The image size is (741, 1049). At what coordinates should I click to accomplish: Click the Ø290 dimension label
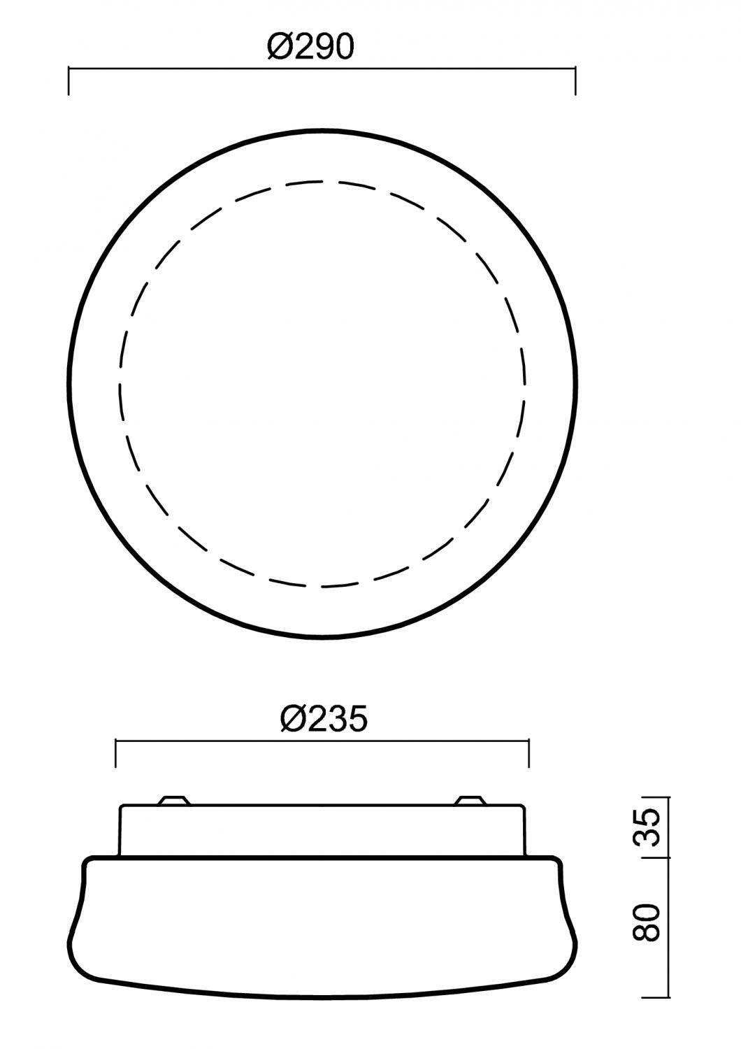pos(311,47)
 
